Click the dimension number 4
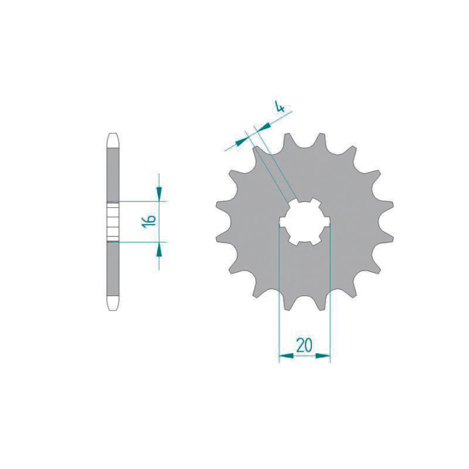(280, 107)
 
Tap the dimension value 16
(149, 221)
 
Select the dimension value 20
(304, 345)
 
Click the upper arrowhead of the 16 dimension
(159, 194)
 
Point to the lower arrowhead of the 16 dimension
(159, 249)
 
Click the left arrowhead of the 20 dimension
(286, 356)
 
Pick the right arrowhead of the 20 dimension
(323, 356)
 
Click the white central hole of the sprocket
(304, 222)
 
